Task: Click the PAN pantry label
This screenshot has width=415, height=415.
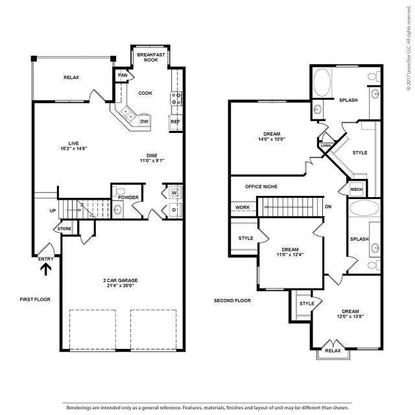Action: (123, 75)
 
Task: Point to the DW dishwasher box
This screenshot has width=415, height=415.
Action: (145, 121)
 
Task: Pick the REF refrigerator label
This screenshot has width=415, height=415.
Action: (175, 121)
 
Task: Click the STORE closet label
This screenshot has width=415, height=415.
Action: (64, 229)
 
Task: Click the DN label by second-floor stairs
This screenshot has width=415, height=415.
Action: (328, 207)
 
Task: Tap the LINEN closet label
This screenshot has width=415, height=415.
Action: (326, 146)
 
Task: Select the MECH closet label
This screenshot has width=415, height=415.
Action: (357, 189)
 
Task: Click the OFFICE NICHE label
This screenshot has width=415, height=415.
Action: (261, 187)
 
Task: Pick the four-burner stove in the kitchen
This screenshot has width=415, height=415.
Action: (175, 98)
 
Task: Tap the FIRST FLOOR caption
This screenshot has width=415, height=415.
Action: (35, 300)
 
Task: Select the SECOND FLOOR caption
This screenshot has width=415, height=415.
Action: (233, 301)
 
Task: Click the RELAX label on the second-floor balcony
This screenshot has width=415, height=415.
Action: (333, 351)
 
